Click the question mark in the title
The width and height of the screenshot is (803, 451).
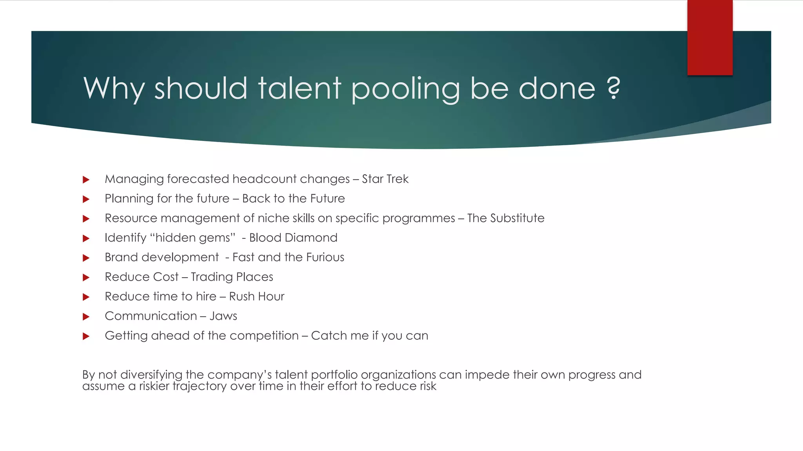[x=614, y=88]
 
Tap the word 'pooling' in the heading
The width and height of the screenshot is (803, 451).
[x=405, y=89]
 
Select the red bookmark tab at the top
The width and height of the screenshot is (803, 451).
[x=710, y=37]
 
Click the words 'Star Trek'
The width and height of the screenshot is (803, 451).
[x=385, y=179]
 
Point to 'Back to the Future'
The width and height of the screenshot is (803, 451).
[x=293, y=198]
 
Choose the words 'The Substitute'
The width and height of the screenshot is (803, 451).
[x=506, y=218]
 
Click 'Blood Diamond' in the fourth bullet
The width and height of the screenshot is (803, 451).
[x=293, y=238]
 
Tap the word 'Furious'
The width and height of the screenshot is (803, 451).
[x=325, y=257]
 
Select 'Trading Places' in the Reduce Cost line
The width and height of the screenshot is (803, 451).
[x=232, y=277]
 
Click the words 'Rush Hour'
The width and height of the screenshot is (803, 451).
[x=256, y=296]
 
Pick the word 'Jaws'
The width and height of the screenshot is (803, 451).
[x=223, y=316]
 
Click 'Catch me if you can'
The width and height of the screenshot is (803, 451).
[x=369, y=336]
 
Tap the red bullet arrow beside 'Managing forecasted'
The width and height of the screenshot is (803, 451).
[x=86, y=180]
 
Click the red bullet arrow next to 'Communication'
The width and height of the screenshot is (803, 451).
[x=86, y=317]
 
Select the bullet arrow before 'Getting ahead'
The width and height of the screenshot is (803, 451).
[x=86, y=336]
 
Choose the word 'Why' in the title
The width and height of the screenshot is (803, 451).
[x=114, y=88]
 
